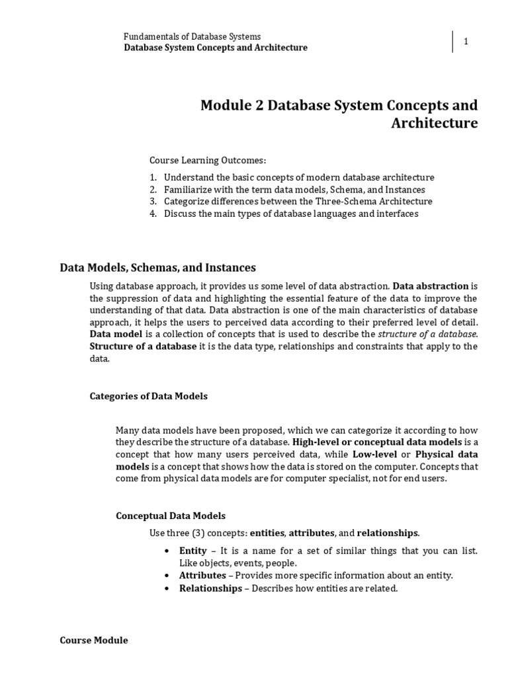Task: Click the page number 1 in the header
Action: point(466,42)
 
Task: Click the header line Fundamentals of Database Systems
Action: point(192,36)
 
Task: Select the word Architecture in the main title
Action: point(433,124)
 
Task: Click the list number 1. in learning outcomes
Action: point(153,178)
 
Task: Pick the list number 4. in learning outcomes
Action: point(153,214)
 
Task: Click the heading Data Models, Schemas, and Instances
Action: point(157,268)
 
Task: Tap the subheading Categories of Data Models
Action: point(148,396)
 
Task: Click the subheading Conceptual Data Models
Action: point(171,516)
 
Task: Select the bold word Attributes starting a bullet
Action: point(202,575)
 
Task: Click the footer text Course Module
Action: point(94,641)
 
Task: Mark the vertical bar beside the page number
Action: point(453,42)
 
